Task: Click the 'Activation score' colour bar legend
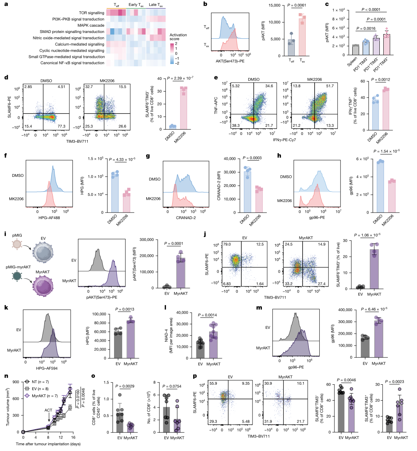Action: pos(171,53)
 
